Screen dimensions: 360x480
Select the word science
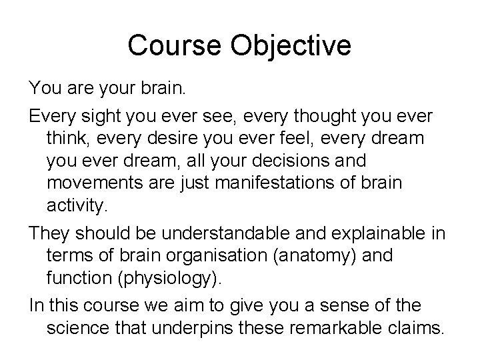pos(85,327)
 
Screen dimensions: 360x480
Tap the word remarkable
pos(347,327)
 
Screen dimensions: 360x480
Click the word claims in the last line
pos(419,327)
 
